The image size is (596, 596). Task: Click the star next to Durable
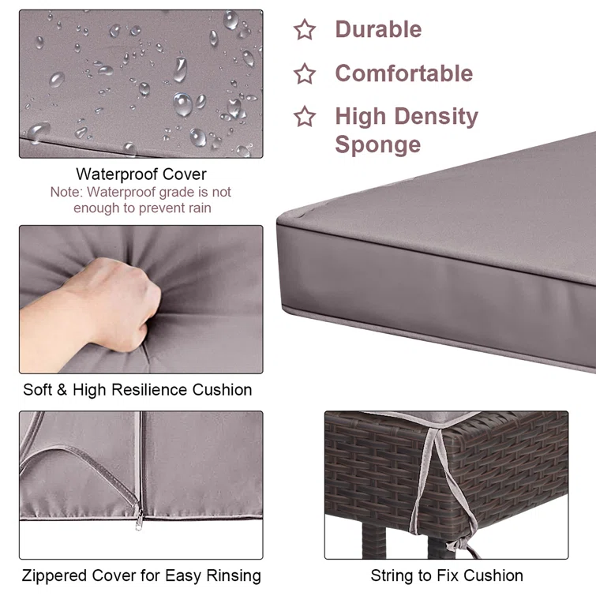pos(305,30)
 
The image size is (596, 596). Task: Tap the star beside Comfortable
pos(305,73)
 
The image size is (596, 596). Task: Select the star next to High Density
pos(305,116)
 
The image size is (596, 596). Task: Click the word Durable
pos(378,29)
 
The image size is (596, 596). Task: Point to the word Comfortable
pos(403,73)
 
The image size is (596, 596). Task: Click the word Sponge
pos(378,144)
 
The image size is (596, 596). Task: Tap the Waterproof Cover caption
pos(141,174)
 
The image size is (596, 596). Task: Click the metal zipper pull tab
pos(140,521)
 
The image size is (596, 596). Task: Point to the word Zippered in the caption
pos(54,575)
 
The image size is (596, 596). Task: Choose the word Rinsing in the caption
pos(234,575)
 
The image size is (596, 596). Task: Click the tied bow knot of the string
pos(461,545)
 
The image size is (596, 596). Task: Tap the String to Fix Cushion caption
pos(447,575)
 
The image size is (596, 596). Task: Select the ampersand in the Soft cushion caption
pos(62,390)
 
